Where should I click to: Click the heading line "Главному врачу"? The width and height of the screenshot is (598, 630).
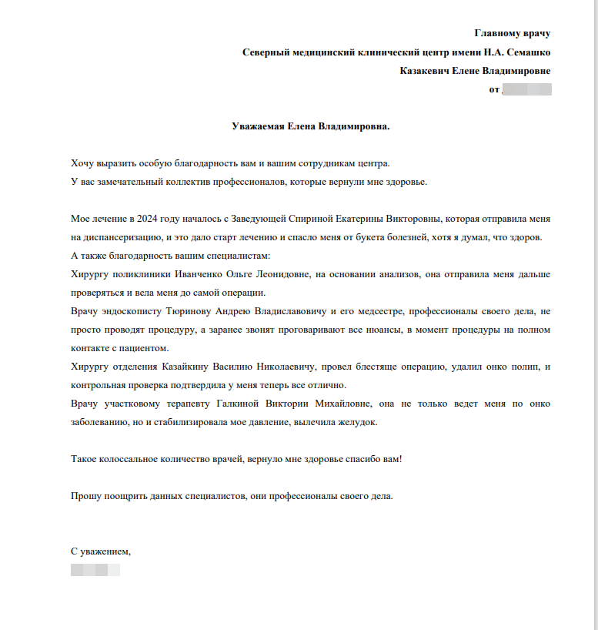coord(512,33)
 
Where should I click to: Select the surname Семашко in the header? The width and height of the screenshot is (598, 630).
coord(526,52)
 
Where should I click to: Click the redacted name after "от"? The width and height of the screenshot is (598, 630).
coord(526,90)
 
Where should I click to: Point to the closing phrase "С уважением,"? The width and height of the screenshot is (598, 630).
coord(101,551)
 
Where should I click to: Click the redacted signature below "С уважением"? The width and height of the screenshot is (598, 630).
coord(95,571)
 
